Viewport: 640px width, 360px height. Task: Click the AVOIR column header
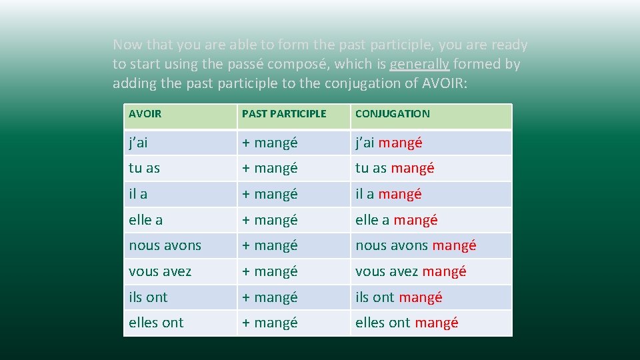click(145, 114)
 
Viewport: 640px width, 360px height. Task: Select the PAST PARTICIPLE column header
click(284, 114)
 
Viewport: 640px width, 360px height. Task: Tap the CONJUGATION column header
click(392, 114)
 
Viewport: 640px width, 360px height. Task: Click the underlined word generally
click(419, 65)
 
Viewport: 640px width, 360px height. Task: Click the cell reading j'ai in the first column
click(139, 143)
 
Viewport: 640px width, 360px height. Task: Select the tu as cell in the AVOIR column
click(144, 168)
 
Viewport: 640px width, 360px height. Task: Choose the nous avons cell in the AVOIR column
click(165, 245)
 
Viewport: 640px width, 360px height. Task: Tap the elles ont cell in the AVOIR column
click(156, 323)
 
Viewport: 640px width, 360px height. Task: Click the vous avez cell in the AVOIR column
click(160, 271)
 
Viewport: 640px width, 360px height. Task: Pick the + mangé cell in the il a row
click(269, 194)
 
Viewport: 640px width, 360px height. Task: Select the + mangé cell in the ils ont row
click(269, 297)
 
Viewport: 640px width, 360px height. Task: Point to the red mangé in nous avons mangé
click(454, 245)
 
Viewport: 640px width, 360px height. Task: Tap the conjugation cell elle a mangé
click(396, 220)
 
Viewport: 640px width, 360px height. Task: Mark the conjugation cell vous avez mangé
click(411, 271)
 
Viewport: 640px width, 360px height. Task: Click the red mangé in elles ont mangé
click(436, 323)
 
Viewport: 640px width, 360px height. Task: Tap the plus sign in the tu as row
click(246, 168)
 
